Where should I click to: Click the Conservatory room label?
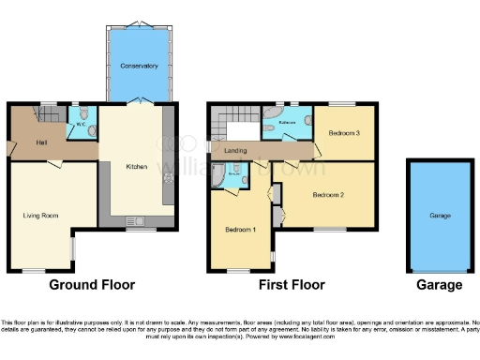[138, 67]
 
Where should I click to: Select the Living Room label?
[41, 215]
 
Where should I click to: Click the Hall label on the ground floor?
[41, 142]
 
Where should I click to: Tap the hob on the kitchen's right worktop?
[170, 174]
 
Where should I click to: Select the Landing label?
[236, 149]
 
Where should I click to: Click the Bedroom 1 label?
[240, 229]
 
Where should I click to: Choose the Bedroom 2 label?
[329, 196]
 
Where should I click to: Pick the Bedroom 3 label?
[343, 133]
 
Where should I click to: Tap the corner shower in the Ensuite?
[220, 174]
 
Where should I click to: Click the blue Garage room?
[440, 215]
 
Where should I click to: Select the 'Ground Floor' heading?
[92, 285]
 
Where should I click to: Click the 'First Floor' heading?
[292, 285]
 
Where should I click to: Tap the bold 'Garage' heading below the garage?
[440, 285]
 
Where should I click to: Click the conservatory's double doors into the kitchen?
[138, 99]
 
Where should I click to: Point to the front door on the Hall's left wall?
[10, 147]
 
